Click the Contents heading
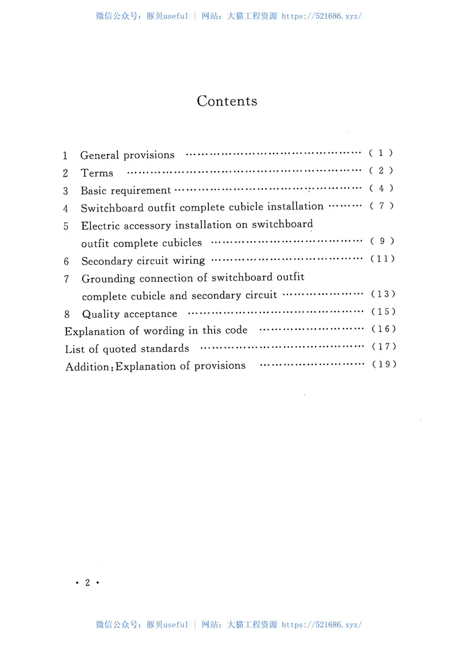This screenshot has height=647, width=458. click(227, 101)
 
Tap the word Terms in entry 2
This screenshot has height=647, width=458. click(97, 173)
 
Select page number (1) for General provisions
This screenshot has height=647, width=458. click(381, 153)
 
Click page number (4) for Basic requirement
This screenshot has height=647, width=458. click(381, 188)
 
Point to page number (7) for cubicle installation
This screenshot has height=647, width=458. click(381, 206)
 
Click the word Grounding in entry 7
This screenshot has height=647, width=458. click(108, 279)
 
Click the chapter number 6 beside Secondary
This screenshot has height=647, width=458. click(66, 261)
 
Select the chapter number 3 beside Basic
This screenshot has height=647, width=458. click(65, 190)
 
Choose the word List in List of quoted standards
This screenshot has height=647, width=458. click(73, 349)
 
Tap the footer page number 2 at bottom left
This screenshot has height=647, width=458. click(88, 583)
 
